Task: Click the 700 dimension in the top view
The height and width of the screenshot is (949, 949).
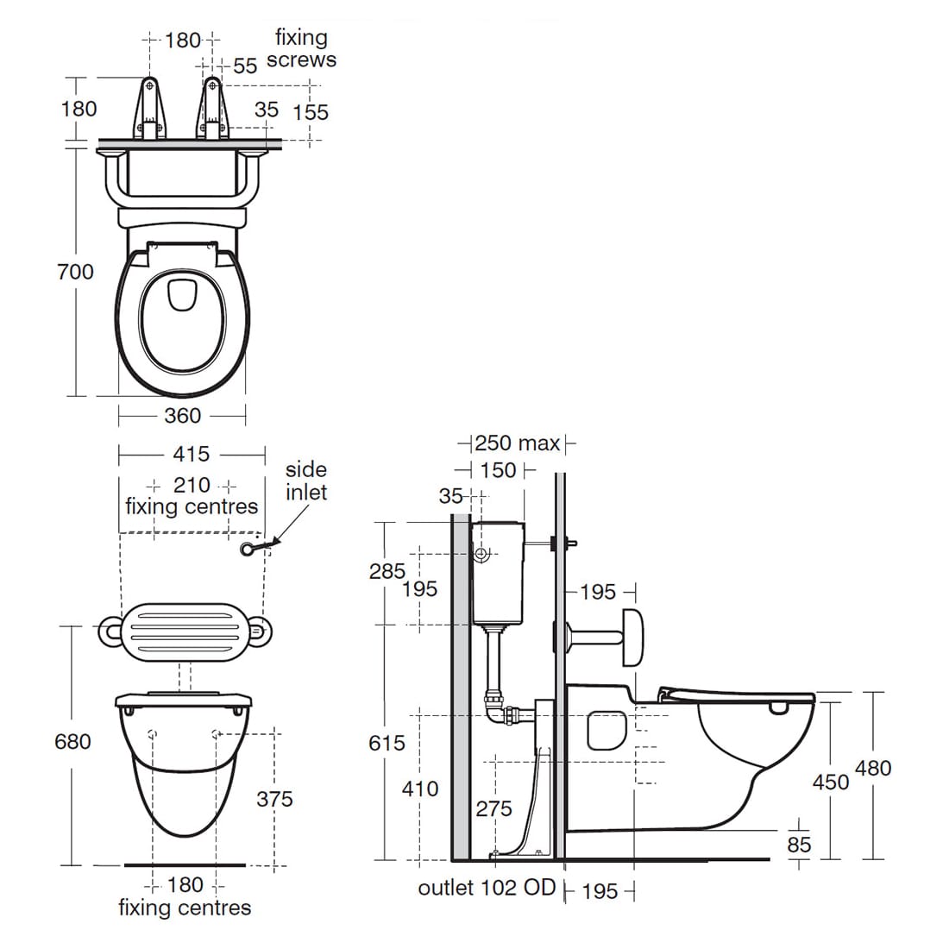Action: click(x=76, y=272)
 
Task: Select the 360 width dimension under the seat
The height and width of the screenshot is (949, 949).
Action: click(x=183, y=416)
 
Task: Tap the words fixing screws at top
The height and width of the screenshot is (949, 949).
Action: click(x=301, y=49)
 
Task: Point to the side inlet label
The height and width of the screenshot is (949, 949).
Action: click(x=306, y=481)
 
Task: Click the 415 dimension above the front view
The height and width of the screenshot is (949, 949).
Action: click(x=191, y=454)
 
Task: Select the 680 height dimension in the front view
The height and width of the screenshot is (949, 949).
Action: click(x=72, y=741)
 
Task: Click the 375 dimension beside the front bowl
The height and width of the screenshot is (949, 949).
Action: click(x=274, y=799)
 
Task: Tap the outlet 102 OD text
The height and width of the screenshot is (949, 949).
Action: click(x=487, y=888)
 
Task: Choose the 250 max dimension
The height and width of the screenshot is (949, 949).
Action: click(x=518, y=443)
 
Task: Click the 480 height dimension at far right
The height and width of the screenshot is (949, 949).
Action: click(x=873, y=768)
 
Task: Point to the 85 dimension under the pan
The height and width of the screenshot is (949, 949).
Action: click(x=799, y=845)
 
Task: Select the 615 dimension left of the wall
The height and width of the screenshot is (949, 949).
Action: click(x=387, y=742)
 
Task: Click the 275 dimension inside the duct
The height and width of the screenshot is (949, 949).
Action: click(x=493, y=808)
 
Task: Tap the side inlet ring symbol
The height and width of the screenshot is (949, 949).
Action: click(x=251, y=549)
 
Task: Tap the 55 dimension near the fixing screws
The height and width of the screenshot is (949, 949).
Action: click(x=245, y=66)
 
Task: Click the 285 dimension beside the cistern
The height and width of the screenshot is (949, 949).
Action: click(x=387, y=571)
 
